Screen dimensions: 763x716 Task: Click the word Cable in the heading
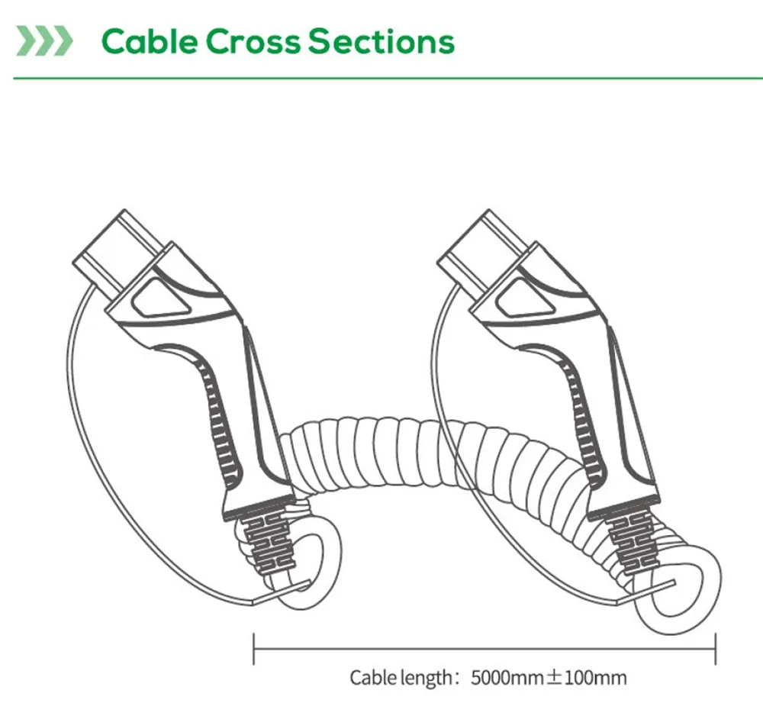(149, 41)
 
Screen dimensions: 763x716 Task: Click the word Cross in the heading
(253, 41)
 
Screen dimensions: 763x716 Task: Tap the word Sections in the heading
(381, 41)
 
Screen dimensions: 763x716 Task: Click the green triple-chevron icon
(44, 41)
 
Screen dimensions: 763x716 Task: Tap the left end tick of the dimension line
(254, 648)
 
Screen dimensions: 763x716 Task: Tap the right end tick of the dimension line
(716, 648)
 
